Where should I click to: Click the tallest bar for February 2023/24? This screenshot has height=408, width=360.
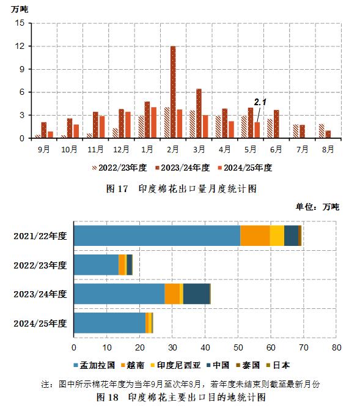[173, 92]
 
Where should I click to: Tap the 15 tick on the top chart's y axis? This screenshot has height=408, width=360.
[20, 23]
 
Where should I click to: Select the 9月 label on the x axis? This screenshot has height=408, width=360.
[44, 149]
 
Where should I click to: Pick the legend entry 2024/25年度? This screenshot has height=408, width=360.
[246, 167]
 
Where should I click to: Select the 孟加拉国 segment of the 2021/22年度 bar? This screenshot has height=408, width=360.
[156, 236]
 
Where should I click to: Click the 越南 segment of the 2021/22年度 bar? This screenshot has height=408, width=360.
[255, 236]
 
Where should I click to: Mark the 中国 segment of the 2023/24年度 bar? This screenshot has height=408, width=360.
[196, 294]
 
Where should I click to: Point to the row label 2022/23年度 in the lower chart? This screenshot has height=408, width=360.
[40, 265]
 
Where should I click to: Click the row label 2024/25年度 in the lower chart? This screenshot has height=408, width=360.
[40, 323]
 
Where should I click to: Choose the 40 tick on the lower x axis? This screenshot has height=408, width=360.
[205, 347]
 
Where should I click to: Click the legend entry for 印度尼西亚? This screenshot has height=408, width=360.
[177, 366]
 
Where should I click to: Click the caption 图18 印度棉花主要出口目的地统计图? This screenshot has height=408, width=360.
[182, 397]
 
